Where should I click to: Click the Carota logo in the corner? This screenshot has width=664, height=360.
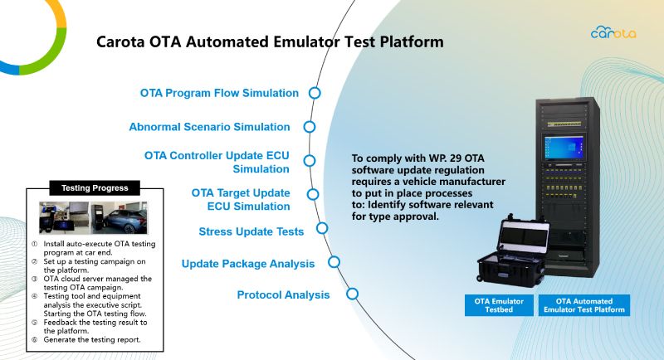point(613,32)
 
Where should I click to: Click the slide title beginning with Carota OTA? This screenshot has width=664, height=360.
point(270,41)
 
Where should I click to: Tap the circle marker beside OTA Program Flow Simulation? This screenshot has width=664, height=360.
point(315,93)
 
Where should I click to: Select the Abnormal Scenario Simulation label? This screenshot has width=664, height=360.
point(210,127)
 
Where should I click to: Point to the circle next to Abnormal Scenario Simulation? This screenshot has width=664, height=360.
point(310,127)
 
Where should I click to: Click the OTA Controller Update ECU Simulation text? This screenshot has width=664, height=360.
point(217,162)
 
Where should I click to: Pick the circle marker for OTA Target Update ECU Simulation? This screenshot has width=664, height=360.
point(313,194)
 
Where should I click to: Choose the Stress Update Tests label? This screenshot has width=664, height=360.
point(251,231)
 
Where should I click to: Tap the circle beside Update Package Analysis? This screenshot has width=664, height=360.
point(334,262)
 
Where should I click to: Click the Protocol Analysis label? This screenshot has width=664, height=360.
point(283,294)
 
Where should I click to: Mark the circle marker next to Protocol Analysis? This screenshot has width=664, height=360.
point(352,294)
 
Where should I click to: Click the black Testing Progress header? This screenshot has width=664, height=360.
point(95,187)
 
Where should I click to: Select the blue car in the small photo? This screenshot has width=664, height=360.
point(125,221)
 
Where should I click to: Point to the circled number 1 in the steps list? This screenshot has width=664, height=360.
point(34,244)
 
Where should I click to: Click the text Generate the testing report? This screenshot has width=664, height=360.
point(92,340)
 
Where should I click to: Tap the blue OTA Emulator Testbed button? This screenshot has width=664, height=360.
point(499,305)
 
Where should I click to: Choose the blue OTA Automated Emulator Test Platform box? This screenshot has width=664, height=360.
point(584,305)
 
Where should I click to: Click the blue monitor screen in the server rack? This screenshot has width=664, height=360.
point(564,147)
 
